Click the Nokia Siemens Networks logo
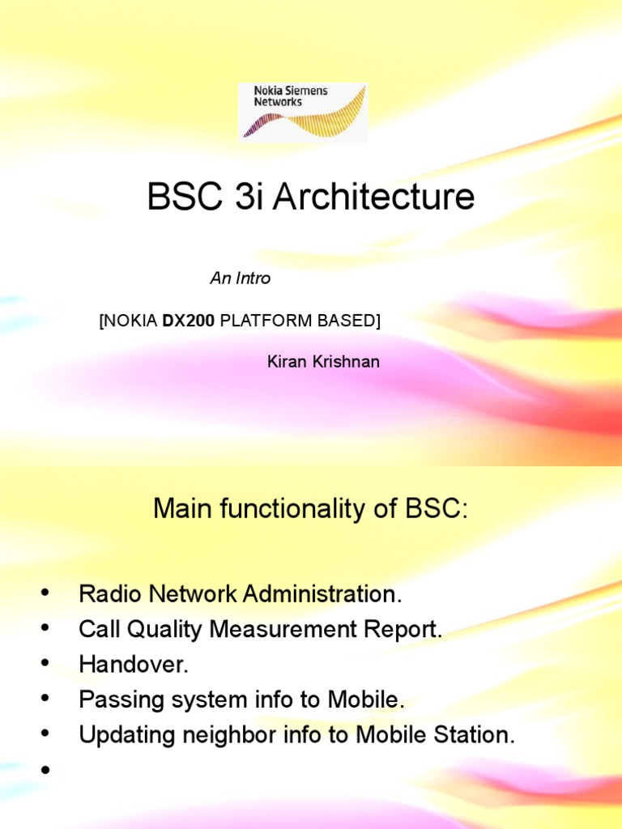pos(303,112)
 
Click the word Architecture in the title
pos(373,198)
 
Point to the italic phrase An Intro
pos(240,278)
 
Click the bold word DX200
pos(189,321)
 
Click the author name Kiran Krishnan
pos(323,361)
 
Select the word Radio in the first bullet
pos(104,594)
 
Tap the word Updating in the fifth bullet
pos(118,736)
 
